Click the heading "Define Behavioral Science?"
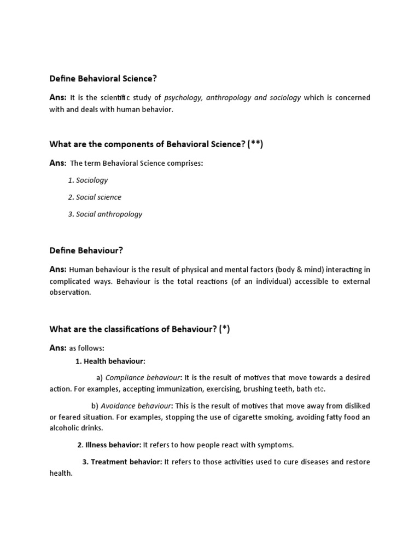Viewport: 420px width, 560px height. [103, 79]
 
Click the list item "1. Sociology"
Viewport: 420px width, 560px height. [88, 180]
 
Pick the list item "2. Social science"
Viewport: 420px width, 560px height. [95, 197]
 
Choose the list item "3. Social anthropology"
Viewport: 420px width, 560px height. [105, 214]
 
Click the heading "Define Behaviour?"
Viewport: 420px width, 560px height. [86, 250]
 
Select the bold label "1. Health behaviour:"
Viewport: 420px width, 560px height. [110, 361]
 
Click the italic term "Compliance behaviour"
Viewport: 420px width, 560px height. [143, 378]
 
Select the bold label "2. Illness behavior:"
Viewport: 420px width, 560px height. [109, 445]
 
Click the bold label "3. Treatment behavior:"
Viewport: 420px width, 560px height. [122, 462]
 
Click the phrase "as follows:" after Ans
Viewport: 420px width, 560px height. [86, 348]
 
